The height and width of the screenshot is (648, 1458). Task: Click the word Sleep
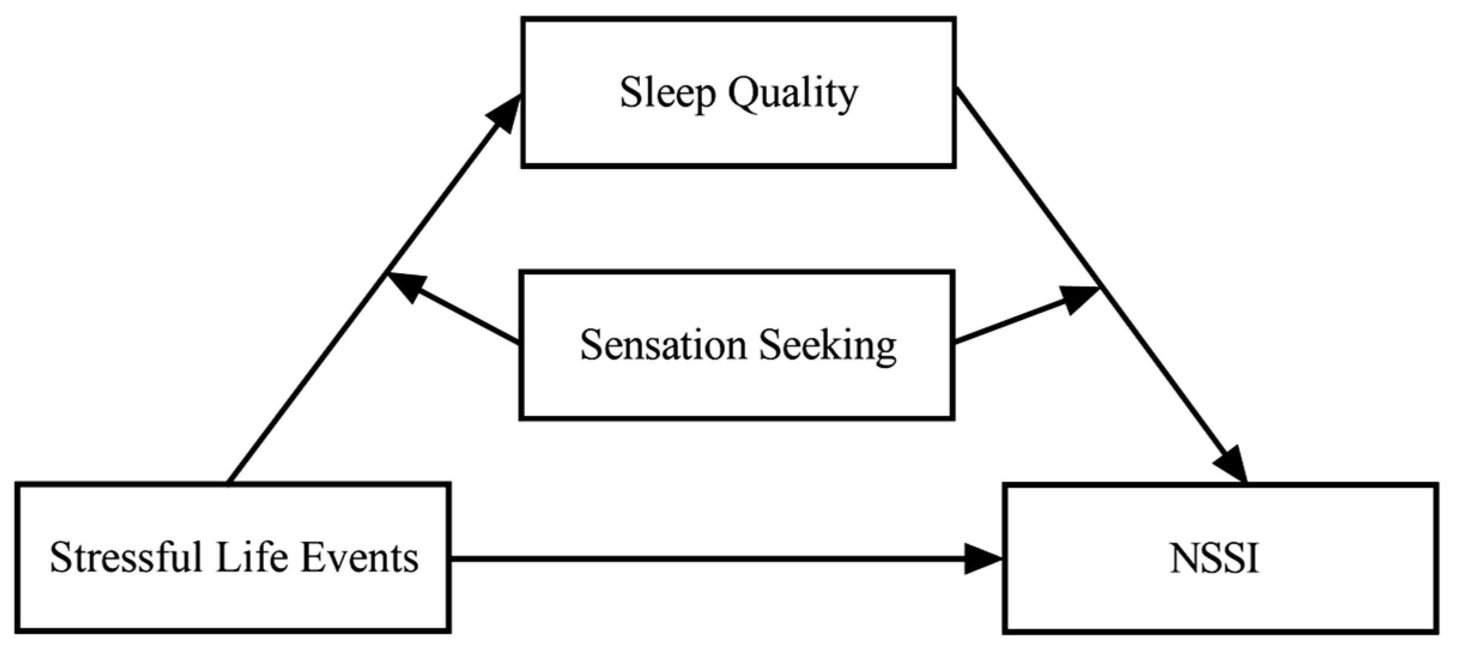click(667, 93)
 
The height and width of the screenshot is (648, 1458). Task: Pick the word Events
click(359, 558)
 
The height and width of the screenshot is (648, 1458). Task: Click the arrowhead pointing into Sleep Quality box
click(505, 114)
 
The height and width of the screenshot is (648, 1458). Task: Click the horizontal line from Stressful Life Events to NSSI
click(706, 559)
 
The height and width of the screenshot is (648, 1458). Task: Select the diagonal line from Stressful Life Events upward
click(305, 377)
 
